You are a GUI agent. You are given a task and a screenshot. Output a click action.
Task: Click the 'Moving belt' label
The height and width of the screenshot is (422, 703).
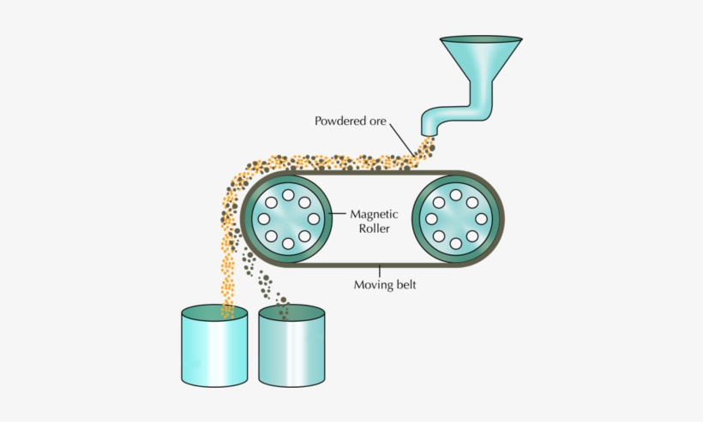tap(386, 284)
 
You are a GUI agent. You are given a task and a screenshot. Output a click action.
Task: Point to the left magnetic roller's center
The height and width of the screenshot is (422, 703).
tap(288, 219)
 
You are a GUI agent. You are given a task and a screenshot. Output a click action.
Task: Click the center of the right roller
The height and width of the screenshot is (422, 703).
tap(455, 219)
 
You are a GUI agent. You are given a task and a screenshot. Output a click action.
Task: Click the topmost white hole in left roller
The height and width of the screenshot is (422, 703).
tap(288, 195)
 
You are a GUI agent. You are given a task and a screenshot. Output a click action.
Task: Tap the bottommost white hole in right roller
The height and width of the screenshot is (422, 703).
tap(455, 244)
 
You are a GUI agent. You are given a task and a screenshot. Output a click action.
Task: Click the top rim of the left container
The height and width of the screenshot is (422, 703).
tap(213, 312)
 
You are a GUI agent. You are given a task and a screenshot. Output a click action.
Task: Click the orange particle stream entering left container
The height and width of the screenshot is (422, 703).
tap(228, 295)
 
